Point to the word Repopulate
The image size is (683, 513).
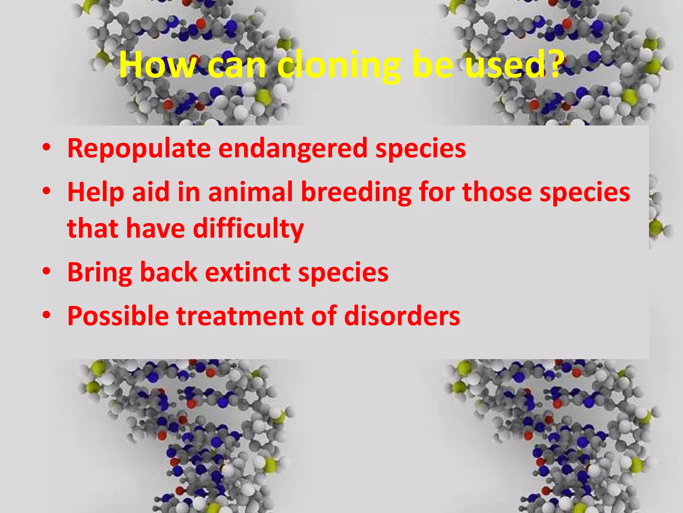pyautogui.click(x=139, y=149)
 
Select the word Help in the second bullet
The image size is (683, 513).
pyautogui.click(x=95, y=193)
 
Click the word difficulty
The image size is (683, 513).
pyautogui.click(x=248, y=229)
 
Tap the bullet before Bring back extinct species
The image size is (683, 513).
pyautogui.click(x=46, y=271)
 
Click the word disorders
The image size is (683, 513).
pyautogui.click(x=402, y=316)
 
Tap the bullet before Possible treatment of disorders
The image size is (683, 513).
pyautogui.click(x=46, y=315)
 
